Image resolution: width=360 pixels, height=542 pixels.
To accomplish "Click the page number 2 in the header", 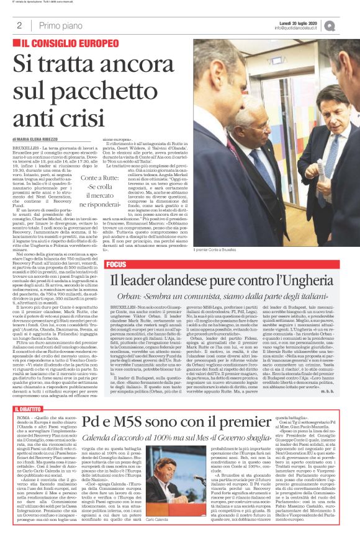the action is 20,25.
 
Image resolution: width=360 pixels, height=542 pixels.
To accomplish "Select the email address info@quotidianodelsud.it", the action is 305,29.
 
